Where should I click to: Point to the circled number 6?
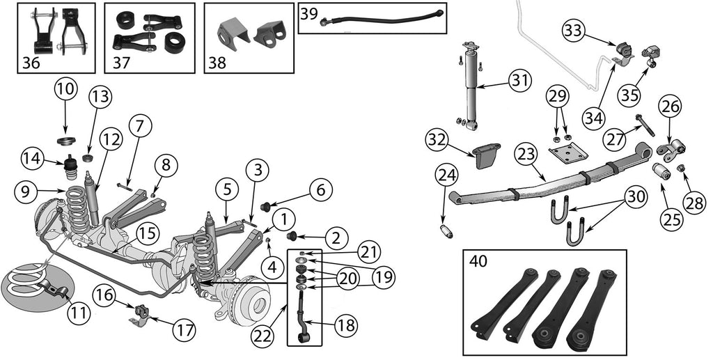click(320, 189)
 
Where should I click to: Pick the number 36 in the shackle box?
click(31, 63)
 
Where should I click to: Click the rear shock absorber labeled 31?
click(471, 87)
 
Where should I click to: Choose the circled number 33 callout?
click(575, 31)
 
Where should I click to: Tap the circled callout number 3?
click(257, 169)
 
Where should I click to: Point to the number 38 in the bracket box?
click(217, 63)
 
